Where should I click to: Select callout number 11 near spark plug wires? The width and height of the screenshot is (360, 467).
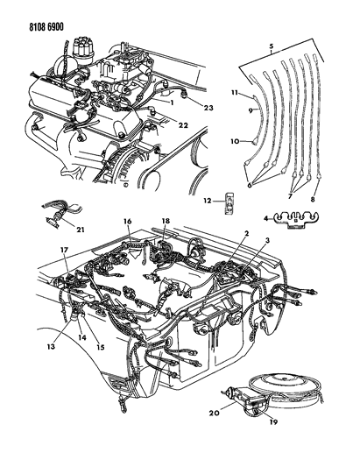coord(234,92)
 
